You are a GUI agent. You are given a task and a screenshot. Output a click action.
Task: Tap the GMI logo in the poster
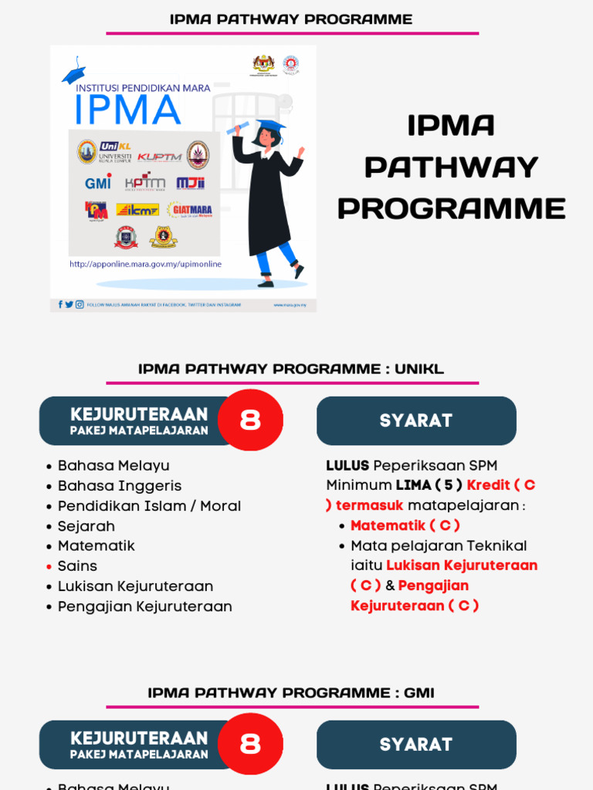[x=98, y=183]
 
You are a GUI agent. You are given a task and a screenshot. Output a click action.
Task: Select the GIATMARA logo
[x=189, y=210]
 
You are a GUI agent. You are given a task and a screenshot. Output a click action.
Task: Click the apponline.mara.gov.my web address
[x=145, y=264]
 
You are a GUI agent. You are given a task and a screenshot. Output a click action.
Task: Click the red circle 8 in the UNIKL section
[x=250, y=420]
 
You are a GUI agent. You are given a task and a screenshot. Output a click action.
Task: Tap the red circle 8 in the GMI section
[x=250, y=744]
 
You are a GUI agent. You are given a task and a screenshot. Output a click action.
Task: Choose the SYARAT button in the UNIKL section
[x=416, y=421]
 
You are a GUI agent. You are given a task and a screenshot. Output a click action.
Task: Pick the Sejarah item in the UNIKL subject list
[x=86, y=526]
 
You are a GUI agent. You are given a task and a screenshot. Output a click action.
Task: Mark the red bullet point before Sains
[x=49, y=567]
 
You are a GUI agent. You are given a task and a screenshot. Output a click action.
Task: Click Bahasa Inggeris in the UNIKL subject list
[x=120, y=486]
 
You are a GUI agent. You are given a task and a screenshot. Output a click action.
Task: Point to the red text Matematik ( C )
[x=405, y=525]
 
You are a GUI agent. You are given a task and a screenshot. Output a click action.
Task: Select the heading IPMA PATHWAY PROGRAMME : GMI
[x=291, y=693]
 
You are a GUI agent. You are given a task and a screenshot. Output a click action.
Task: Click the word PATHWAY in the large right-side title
[x=451, y=167]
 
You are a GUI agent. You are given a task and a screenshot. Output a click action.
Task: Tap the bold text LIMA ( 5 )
[x=429, y=485]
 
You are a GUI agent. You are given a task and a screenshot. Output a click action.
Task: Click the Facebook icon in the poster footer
[x=60, y=305]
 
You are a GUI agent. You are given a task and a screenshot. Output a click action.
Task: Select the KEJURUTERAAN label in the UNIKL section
[x=139, y=414]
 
